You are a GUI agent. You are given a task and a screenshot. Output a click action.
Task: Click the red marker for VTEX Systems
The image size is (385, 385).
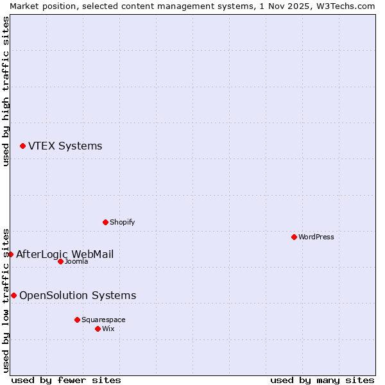pos(22,146)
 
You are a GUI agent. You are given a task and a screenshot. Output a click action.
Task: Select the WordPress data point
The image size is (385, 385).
pos(294,237)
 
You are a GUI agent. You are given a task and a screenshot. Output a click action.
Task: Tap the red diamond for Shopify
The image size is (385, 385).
pos(105,222)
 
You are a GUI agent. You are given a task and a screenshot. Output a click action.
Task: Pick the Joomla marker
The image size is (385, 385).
pos(60,261)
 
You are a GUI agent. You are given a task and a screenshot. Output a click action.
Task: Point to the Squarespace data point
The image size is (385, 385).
pos(77,320)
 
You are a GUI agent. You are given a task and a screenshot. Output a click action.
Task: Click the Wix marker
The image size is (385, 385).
pos(98,329)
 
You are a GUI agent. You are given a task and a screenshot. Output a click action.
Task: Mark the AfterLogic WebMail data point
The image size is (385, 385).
pos(10,254)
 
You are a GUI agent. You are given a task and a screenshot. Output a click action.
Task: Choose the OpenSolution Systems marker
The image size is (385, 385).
pos(13,295)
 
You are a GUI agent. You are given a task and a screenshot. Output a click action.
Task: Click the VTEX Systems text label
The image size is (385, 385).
pos(65,146)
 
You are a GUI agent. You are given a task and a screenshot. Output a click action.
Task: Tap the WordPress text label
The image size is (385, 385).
pos(316,237)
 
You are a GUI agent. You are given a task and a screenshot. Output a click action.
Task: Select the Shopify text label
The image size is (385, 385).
pos(122,222)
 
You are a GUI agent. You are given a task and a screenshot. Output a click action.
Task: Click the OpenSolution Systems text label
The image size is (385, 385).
pos(78,295)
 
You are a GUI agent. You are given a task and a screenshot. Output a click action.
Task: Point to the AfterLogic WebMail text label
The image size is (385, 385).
pos(65,254)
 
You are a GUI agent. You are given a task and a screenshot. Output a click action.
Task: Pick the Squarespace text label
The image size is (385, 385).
pos(103,320)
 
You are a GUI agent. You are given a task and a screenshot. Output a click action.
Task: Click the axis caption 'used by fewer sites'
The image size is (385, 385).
pos(66,380)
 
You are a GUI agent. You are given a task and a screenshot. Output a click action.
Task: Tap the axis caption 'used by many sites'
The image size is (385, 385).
pos(322,380)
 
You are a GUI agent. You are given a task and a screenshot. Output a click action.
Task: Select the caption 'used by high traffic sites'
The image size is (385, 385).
pos(6,91)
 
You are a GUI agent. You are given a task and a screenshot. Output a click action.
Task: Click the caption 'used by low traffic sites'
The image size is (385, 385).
pos(6,300)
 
